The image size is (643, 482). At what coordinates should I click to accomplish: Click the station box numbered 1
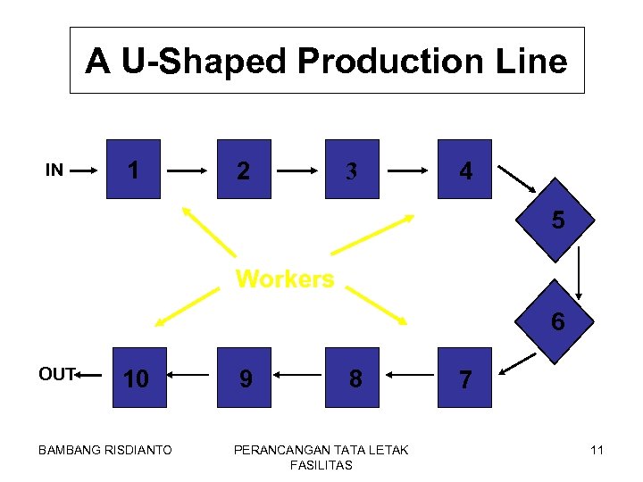133,169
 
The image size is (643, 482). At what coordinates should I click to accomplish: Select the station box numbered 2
244,169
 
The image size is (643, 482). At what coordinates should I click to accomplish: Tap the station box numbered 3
352,169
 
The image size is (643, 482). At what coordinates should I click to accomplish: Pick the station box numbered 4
464,169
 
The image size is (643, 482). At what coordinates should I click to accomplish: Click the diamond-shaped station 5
557,219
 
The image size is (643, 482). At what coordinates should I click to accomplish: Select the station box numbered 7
464,378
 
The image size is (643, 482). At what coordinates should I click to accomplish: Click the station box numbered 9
244,378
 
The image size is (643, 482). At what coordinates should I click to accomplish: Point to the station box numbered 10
135,378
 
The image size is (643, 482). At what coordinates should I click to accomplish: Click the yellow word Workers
284,279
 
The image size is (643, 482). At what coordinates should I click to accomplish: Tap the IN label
54,170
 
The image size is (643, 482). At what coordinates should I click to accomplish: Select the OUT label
57,375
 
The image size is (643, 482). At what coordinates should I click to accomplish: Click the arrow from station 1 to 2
188,169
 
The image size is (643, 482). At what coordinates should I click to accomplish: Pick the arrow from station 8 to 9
298,378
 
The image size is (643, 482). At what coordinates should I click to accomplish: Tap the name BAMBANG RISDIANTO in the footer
105,450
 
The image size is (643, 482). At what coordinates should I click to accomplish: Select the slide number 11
597,450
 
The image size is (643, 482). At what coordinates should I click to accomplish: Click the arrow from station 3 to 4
409,169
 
